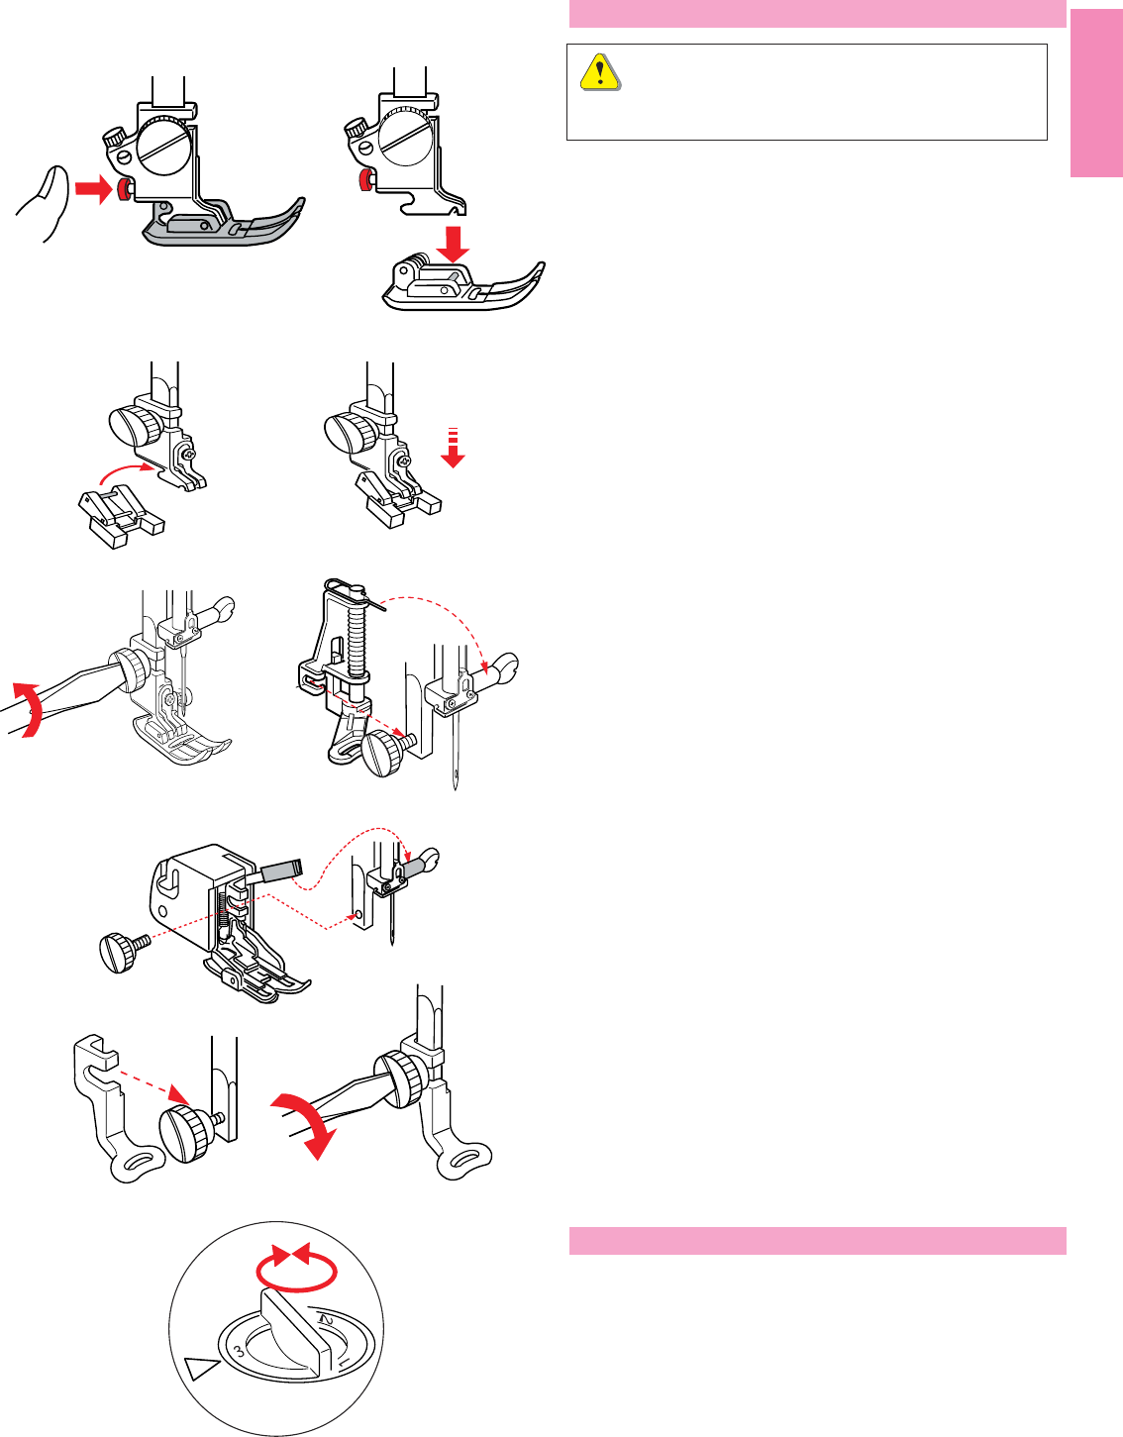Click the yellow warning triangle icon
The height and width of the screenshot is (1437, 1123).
coord(599,72)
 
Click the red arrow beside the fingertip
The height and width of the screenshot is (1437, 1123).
coord(94,189)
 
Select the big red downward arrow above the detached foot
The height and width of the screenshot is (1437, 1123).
coord(453,245)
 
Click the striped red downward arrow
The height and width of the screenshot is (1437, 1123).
coord(453,449)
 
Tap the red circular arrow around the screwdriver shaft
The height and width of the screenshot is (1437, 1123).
coord(29,710)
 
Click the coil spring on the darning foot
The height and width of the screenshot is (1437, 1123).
coord(357,638)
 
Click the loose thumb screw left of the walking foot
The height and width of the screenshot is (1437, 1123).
coord(124,952)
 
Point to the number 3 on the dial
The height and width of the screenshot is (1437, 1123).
coord(240,1352)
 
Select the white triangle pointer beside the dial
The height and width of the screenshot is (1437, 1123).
coord(202,1369)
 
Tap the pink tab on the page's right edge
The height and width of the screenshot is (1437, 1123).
coord(1096,93)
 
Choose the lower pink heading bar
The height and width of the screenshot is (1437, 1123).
coord(818,1241)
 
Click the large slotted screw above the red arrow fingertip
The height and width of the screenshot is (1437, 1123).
coord(165,145)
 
